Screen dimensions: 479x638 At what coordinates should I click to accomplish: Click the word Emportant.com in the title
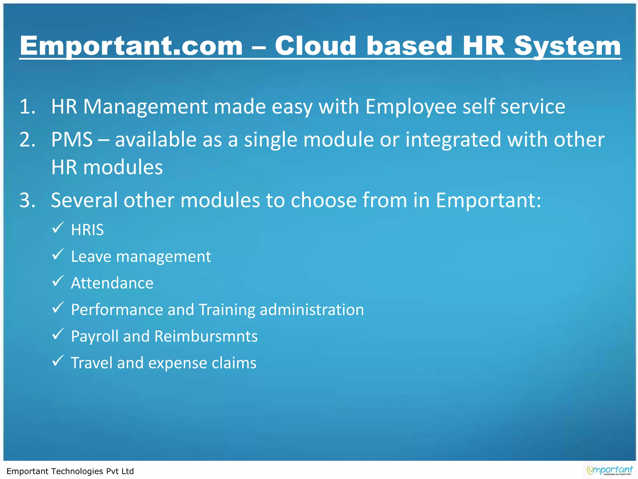[x=131, y=46]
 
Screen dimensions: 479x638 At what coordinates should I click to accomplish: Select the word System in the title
[x=567, y=46]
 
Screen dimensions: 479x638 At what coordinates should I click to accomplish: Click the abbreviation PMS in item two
[x=72, y=139]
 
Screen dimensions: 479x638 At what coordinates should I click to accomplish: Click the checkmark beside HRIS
[x=58, y=228]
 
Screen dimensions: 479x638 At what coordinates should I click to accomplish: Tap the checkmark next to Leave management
[x=58, y=254]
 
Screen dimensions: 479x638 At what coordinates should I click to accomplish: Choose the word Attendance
[x=112, y=283]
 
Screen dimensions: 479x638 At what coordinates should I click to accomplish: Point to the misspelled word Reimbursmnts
[x=206, y=336]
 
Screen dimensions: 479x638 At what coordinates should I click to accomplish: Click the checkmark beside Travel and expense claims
[x=58, y=361]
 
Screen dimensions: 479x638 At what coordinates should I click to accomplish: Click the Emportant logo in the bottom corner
[x=609, y=470]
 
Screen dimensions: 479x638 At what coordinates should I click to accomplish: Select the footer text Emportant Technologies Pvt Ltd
[x=70, y=471]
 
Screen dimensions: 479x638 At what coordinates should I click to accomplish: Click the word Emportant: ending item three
[x=488, y=200]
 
